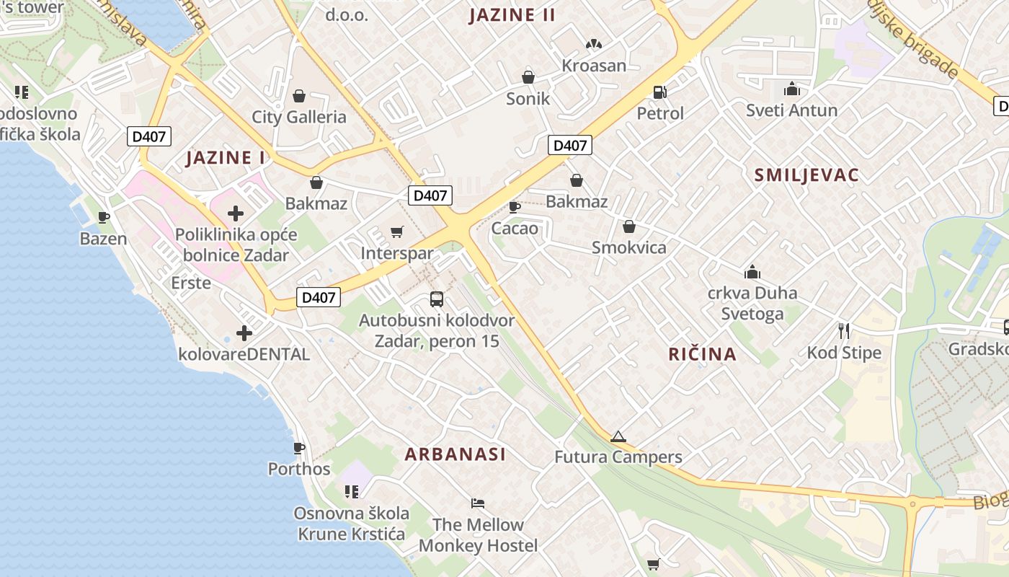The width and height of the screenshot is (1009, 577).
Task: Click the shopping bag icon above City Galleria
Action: (x=299, y=96)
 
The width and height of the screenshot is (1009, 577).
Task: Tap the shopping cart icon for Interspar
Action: (x=396, y=232)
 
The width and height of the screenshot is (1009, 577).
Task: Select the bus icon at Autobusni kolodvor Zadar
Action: (x=436, y=299)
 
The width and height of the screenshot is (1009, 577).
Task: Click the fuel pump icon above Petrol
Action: (x=659, y=92)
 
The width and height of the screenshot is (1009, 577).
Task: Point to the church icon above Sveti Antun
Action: (x=792, y=89)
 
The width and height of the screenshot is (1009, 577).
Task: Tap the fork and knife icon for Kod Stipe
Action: (x=844, y=331)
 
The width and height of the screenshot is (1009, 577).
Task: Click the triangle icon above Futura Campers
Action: (x=618, y=436)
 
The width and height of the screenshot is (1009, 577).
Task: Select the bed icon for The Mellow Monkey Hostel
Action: (x=478, y=503)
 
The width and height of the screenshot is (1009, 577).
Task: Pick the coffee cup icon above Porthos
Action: (x=299, y=448)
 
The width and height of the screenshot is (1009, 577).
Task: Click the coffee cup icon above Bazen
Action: (x=104, y=217)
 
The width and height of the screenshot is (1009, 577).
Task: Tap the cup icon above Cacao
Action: (x=515, y=207)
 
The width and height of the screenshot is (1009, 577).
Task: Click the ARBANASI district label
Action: (x=455, y=454)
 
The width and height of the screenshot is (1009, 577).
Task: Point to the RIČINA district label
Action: (x=702, y=354)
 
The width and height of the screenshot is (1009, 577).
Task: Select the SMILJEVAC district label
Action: (x=806, y=175)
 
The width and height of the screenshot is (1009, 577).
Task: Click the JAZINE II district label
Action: (x=512, y=15)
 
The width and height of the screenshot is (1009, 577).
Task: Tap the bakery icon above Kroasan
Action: (x=593, y=45)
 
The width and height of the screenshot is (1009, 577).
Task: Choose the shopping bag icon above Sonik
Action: (x=528, y=77)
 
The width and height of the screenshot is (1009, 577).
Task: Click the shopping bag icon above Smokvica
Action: (x=629, y=226)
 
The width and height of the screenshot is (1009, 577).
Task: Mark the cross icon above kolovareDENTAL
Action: (x=244, y=333)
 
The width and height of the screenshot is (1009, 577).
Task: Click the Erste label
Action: (x=191, y=283)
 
